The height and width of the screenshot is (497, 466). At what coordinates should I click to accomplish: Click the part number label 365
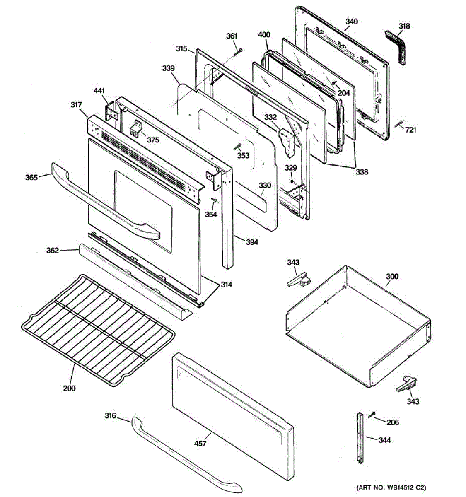click(x=31, y=177)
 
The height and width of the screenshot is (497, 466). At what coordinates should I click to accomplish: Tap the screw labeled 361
click(x=238, y=53)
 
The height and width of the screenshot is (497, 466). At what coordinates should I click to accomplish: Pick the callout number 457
click(x=200, y=443)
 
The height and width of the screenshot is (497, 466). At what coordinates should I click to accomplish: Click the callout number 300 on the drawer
click(x=392, y=277)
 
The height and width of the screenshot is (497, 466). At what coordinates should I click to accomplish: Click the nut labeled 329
click(x=292, y=181)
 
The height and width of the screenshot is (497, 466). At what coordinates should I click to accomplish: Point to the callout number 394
click(x=251, y=242)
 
